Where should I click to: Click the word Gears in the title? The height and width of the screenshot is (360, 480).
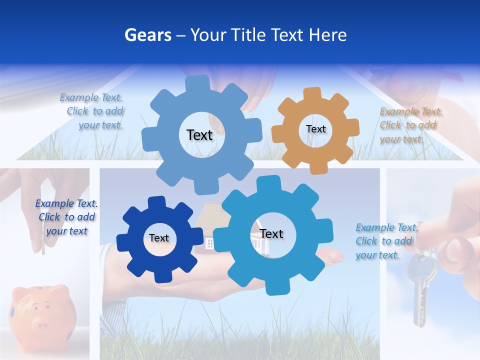pos(147,35)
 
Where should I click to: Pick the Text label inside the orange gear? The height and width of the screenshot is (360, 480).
pos(315,129)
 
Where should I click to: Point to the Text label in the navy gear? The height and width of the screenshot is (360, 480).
pos(159,238)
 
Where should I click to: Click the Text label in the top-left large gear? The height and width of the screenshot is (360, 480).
pos(199,134)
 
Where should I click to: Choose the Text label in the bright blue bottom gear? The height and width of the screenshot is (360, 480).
pos(271,233)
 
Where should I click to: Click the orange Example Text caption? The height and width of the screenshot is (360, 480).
pos(410,125)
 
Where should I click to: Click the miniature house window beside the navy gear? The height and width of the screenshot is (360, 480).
pos(209,243)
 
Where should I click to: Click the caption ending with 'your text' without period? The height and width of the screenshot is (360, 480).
pos(66,217)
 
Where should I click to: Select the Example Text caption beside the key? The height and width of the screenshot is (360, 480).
pos(386,241)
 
